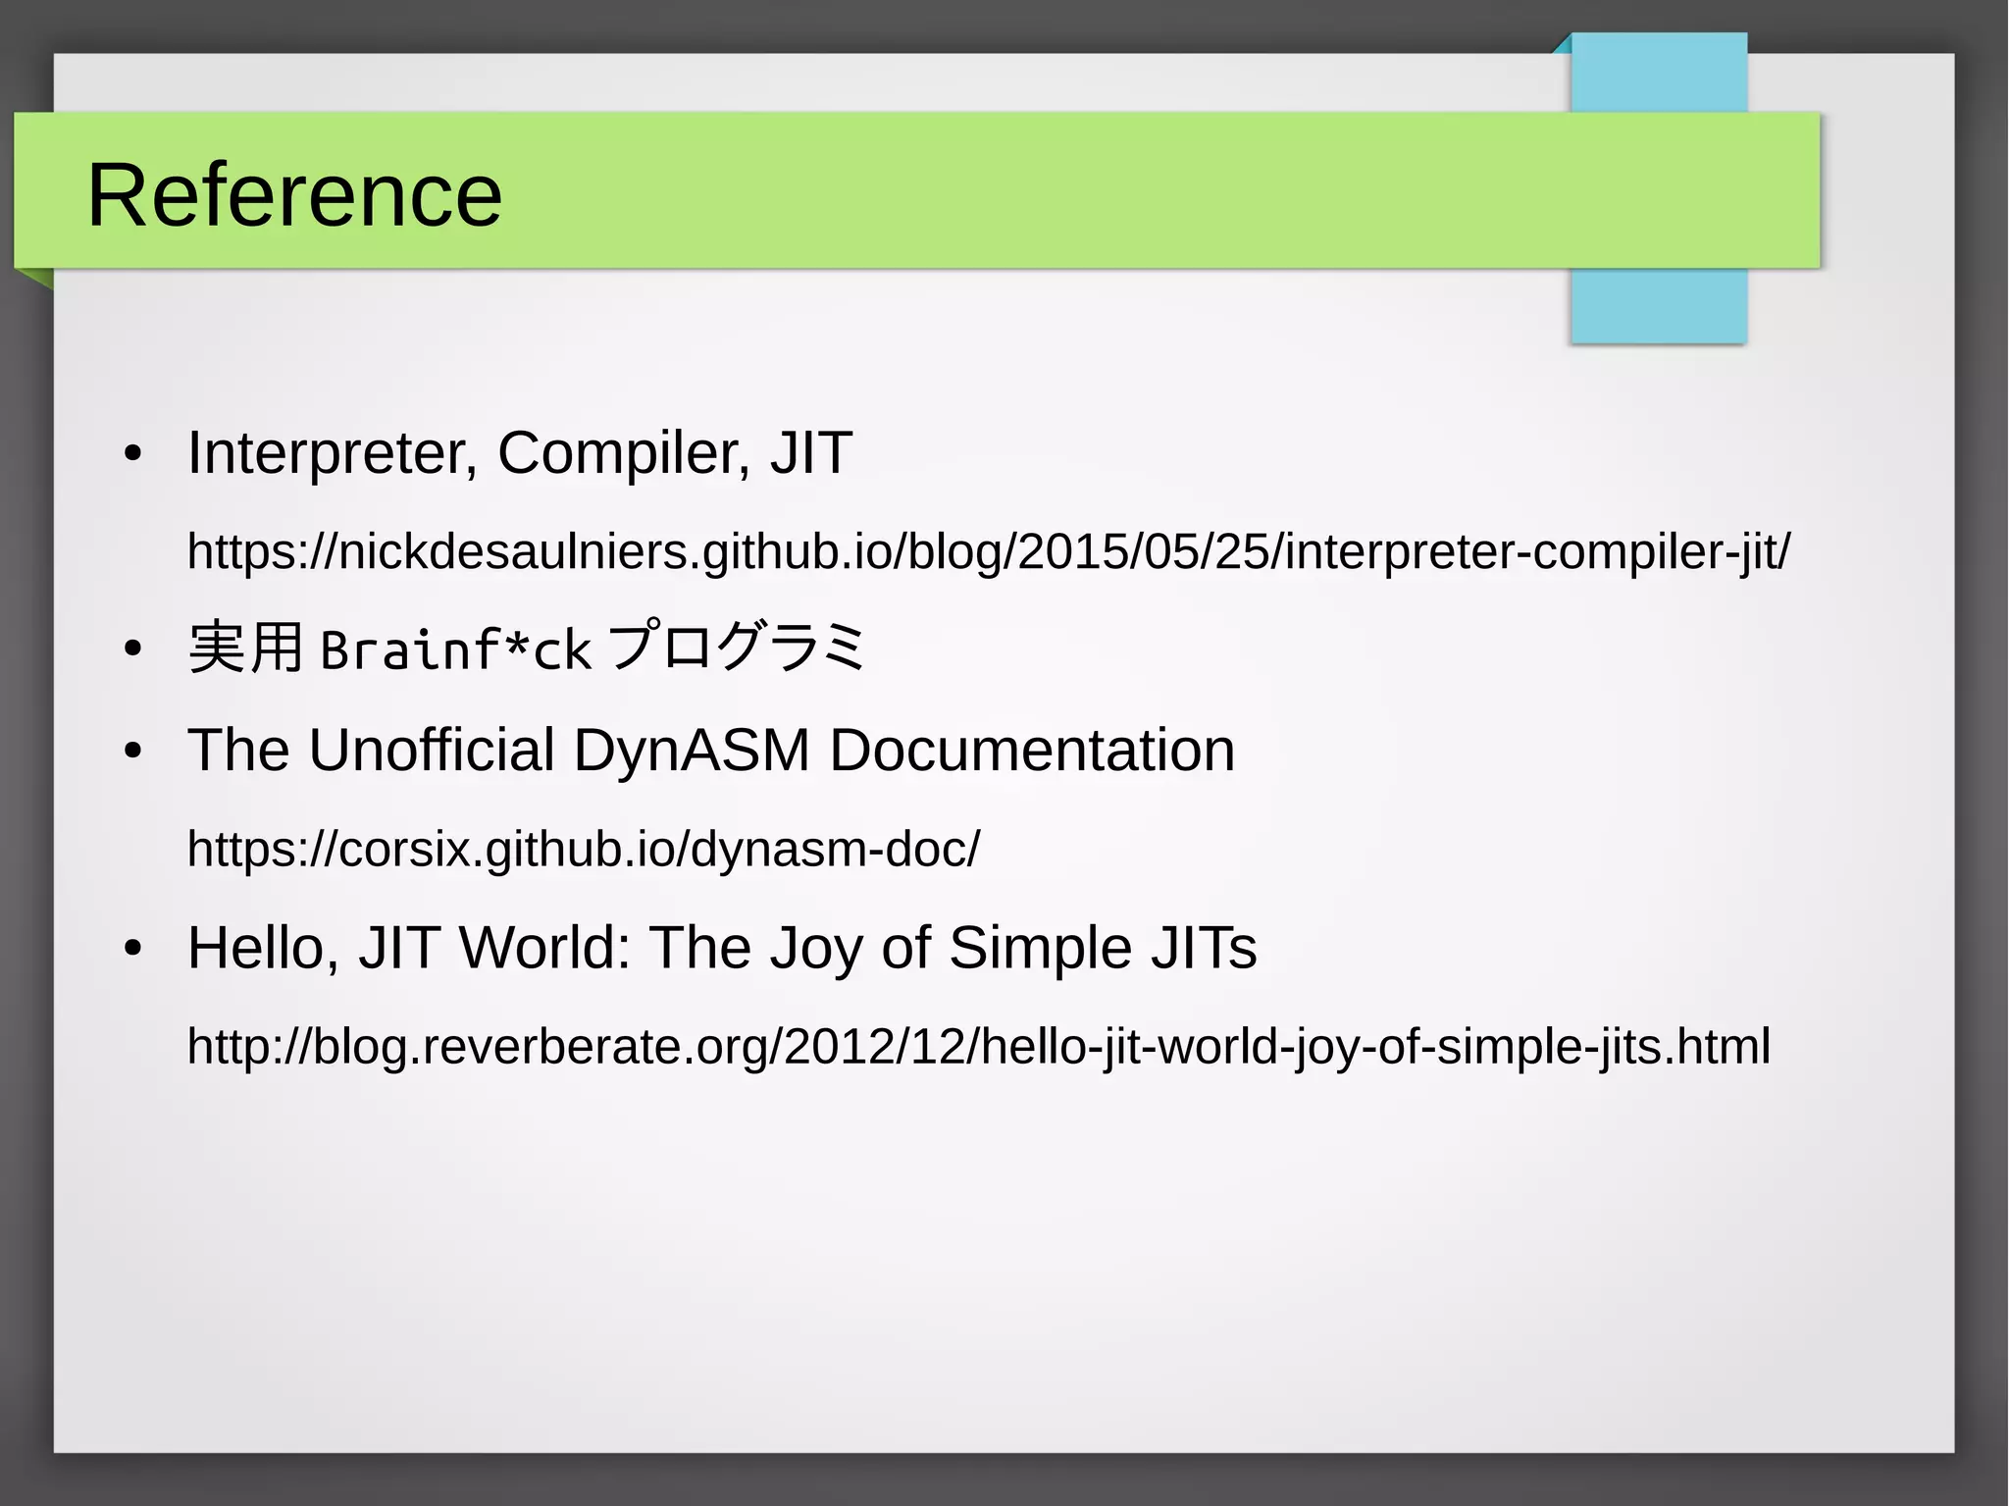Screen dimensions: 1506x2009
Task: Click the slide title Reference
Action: (294, 195)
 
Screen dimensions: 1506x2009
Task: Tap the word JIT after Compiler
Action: (810, 454)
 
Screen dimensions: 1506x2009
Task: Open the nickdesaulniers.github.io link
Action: (988, 551)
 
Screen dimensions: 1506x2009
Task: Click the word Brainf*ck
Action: (455, 649)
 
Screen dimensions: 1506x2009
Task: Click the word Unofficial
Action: (432, 751)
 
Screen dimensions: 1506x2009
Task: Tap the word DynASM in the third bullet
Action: (692, 751)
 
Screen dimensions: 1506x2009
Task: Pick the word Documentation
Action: (1032, 751)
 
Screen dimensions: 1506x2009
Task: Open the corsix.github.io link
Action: (583, 849)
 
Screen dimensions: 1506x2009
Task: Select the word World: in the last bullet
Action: (545, 949)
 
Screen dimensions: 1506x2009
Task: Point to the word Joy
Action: (814, 949)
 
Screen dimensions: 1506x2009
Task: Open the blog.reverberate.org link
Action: (978, 1047)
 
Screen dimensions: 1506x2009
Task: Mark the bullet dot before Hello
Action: (133, 950)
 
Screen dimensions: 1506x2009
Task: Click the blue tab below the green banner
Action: (1658, 305)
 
